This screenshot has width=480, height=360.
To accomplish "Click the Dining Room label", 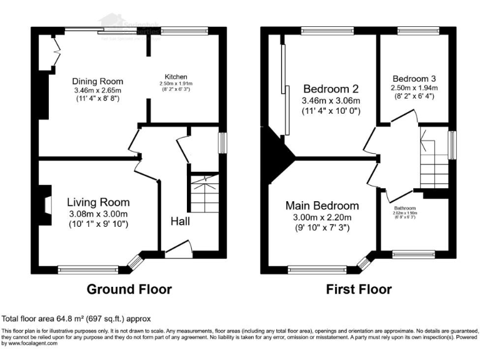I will [x=97, y=81].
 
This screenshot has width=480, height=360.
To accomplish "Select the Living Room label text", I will [x=98, y=202].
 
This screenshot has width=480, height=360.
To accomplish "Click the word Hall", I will [x=180, y=221].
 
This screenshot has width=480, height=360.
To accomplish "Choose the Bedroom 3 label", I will [x=414, y=79].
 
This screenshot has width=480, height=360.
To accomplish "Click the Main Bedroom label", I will [x=322, y=206].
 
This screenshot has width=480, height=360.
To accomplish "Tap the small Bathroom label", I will [x=409, y=208].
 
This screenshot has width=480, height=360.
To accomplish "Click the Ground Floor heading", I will [x=129, y=289].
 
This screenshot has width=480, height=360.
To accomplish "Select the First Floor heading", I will [x=359, y=289].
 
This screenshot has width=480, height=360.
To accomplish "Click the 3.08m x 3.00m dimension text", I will [x=98, y=214].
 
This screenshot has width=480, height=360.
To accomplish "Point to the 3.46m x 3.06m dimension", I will [x=331, y=100].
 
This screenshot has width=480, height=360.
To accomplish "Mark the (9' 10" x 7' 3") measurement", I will [x=322, y=228].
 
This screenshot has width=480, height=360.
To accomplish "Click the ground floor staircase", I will [x=204, y=193].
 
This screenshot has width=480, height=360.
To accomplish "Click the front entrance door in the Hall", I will [x=179, y=251].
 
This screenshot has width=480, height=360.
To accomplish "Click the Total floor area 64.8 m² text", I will [x=76, y=319].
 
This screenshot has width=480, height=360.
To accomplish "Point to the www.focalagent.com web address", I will [x=31, y=343].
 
